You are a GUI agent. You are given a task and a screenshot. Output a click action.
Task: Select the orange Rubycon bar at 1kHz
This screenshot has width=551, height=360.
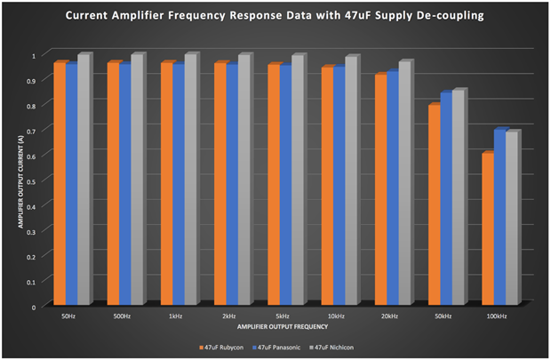[165, 184]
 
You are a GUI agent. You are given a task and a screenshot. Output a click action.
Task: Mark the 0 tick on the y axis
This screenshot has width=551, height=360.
[41, 308]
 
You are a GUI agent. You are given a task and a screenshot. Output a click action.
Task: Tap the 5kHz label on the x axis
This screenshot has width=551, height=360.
[283, 317]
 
